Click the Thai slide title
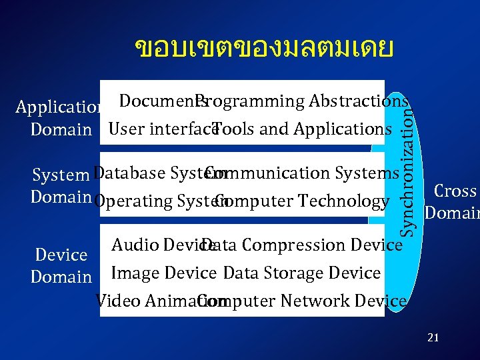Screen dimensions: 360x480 click(264, 48)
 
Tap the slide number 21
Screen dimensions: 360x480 click(433, 338)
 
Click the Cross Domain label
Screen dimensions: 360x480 click(453, 202)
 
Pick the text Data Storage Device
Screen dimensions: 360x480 click(302, 273)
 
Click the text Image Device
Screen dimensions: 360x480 click(163, 273)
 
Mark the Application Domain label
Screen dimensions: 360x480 click(59, 118)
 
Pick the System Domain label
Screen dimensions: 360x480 click(61, 186)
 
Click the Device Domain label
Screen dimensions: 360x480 click(61, 265)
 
